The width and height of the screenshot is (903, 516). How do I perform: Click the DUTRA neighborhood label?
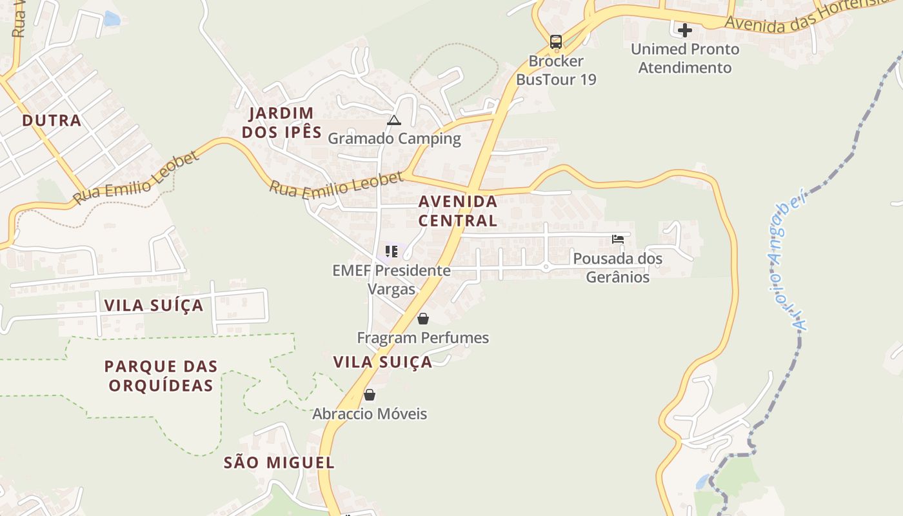click(x=52, y=121)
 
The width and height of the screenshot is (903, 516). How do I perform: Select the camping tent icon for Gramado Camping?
click(x=393, y=120)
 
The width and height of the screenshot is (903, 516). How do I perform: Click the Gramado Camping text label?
click(x=394, y=139)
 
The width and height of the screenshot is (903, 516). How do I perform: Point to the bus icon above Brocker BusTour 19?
click(x=555, y=43)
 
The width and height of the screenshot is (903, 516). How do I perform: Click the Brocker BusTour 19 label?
click(x=555, y=70)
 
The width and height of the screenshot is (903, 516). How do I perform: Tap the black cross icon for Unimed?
click(x=684, y=30)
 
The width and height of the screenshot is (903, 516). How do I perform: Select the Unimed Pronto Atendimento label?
click(x=684, y=58)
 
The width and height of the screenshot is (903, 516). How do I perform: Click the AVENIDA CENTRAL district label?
click(x=458, y=211)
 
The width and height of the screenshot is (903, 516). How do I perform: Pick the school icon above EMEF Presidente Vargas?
click(x=392, y=251)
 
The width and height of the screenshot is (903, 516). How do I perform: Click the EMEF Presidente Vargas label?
click(x=392, y=279)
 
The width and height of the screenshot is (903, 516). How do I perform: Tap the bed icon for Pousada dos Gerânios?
click(x=617, y=239)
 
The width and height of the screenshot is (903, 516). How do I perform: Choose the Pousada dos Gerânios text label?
click(x=617, y=268)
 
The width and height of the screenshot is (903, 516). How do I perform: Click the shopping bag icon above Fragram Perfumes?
click(x=423, y=319)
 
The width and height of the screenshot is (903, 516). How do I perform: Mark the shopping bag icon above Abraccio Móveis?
click(x=370, y=395)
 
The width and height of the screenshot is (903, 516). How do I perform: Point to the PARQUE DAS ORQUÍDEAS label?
click(x=161, y=376)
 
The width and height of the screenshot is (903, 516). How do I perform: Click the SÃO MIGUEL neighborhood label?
click(x=279, y=462)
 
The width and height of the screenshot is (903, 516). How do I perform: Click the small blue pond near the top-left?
click(x=112, y=19)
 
